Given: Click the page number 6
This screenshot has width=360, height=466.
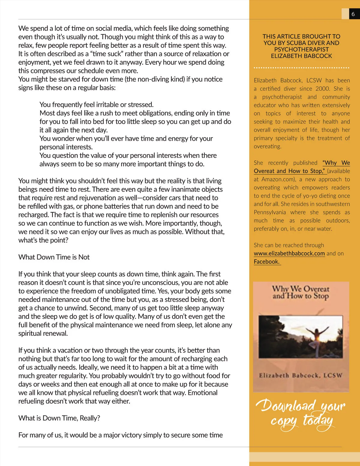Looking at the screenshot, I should click(353, 14).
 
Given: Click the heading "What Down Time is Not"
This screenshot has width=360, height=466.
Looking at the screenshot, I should click(54, 257).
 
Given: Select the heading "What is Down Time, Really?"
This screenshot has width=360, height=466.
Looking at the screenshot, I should click(59, 418).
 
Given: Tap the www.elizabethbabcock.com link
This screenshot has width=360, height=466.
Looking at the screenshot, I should click(289, 253).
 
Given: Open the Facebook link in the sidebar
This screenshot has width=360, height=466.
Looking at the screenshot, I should click(267, 262).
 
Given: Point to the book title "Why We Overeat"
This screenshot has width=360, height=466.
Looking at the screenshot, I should click(301, 289).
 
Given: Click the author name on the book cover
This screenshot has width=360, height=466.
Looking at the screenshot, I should click(301, 375).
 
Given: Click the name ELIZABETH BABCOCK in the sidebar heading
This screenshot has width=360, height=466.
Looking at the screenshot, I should click(301, 56).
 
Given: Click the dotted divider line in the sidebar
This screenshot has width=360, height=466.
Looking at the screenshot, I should click(301, 68).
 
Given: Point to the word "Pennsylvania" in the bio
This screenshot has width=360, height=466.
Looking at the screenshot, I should click(270, 212).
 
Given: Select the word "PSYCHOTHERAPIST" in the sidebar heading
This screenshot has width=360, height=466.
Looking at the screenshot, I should click(301, 49).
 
